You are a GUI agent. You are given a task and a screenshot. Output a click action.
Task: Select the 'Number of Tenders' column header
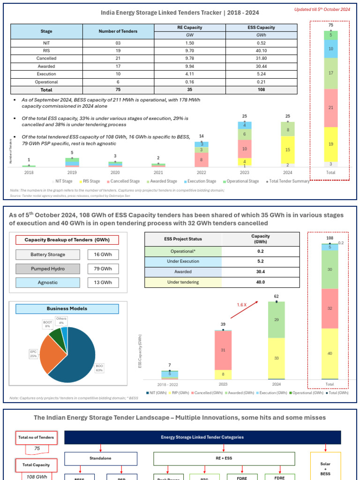[x=118, y=31]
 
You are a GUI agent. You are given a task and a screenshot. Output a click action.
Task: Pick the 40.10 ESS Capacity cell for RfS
[x=262, y=50]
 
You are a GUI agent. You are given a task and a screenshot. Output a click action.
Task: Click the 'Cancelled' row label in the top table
[x=46, y=58]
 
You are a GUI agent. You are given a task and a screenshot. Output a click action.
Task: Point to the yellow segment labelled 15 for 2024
[x=288, y=150]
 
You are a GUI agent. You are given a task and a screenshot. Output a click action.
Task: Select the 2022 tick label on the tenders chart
[x=201, y=172]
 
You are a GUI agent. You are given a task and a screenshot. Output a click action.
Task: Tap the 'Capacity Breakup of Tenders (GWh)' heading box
[x=67, y=240]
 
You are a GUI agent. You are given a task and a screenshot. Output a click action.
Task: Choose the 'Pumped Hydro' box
[x=48, y=269]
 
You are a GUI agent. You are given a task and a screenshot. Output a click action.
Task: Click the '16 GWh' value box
[x=103, y=255]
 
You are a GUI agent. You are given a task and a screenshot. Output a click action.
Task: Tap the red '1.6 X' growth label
[x=242, y=305]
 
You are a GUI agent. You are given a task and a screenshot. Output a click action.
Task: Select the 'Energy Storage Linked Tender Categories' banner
[x=202, y=438]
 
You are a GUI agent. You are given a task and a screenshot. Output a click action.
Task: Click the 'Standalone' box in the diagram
[x=100, y=459]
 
